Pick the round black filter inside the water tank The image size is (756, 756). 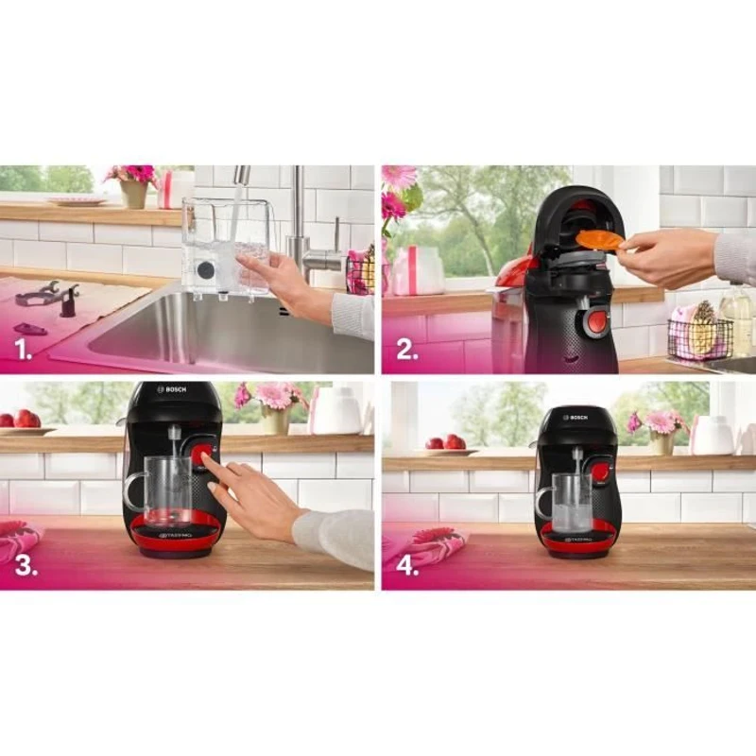pos(205,269)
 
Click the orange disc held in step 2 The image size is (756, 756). pos(599,241)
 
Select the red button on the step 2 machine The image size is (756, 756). pos(597,320)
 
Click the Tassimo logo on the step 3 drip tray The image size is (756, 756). pos(175,535)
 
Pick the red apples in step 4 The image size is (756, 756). pos(445,441)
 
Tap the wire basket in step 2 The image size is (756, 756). pos(699,339)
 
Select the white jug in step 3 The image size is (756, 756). pos(335,411)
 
